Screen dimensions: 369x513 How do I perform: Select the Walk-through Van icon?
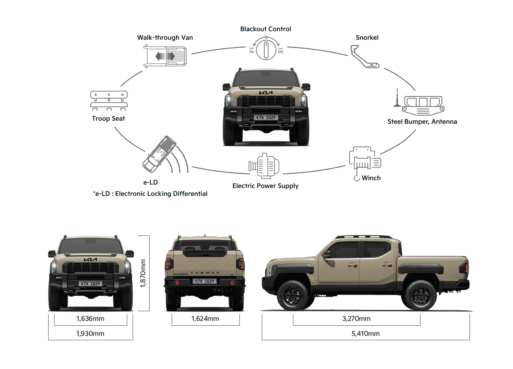point(165,56)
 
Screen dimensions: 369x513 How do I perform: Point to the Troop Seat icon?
point(109,100)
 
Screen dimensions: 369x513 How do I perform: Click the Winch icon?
point(364,161)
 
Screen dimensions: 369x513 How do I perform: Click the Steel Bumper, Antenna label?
point(422,122)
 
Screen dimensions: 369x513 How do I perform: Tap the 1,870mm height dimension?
point(143,273)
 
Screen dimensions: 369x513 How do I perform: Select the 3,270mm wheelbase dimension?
point(356,319)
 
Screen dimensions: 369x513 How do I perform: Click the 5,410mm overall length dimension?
point(365,334)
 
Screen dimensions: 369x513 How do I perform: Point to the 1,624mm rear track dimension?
point(205,319)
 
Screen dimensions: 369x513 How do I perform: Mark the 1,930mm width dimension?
point(90,334)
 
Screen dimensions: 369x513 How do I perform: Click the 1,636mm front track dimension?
point(90,319)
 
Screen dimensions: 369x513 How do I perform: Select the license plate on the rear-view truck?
point(205,281)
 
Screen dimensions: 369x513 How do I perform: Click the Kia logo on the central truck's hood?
point(266,93)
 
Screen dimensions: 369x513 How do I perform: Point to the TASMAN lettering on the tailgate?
point(205,273)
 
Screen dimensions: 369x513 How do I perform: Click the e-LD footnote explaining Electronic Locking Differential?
point(150,194)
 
